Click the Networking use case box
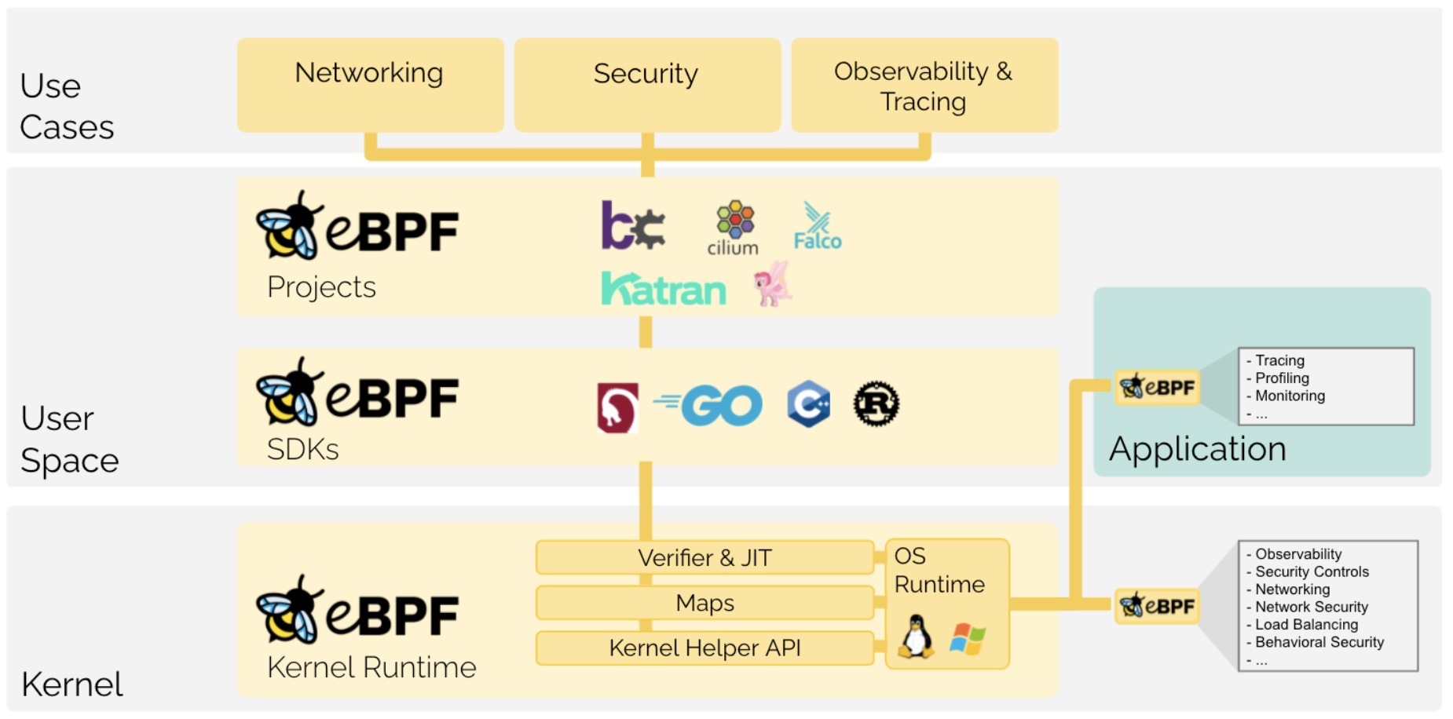click(370, 85)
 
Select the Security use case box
click(647, 85)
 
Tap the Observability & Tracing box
click(924, 85)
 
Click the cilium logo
click(734, 228)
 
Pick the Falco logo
click(817, 228)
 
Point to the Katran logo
click(664, 289)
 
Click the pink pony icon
click(773, 284)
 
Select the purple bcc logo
click(632, 226)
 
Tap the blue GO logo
click(711, 405)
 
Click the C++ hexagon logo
click(809, 404)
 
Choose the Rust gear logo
click(877, 404)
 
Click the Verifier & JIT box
click(705, 557)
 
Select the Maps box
click(705, 603)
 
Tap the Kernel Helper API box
click(705, 648)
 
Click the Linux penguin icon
click(916, 636)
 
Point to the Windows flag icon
click(968, 638)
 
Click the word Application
click(1197, 449)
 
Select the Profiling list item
click(1282, 378)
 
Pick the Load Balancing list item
click(1306, 625)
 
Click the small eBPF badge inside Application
click(1157, 388)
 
